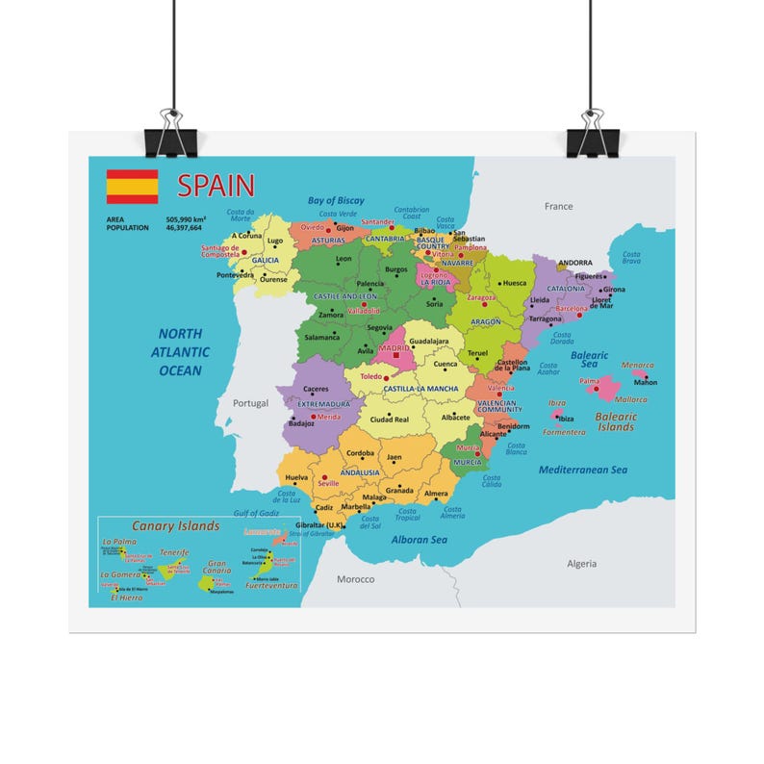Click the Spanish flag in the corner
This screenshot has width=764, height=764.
[x=132, y=186]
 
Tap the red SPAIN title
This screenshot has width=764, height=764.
[x=216, y=185]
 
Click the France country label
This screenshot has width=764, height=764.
[x=558, y=206]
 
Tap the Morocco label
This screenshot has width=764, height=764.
[x=355, y=579]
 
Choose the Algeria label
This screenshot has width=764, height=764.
[x=581, y=564]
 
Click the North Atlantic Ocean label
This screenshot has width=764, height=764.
[x=180, y=351]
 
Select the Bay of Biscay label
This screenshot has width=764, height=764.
[x=336, y=200]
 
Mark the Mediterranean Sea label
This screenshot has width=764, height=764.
[x=582, y=470]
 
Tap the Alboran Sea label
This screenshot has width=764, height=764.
[x=419, y=540]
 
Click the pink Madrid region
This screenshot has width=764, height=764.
[x=392, y=353]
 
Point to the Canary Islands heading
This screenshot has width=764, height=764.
[x=175, y=526]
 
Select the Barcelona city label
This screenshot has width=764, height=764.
[x=573, y=309]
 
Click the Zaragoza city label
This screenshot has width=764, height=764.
[x=481, y=297]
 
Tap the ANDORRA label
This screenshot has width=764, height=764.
[x=575, y=262]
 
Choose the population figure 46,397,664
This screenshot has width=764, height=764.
[x=184, y=228]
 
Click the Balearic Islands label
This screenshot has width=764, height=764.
[x=616, y=421]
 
